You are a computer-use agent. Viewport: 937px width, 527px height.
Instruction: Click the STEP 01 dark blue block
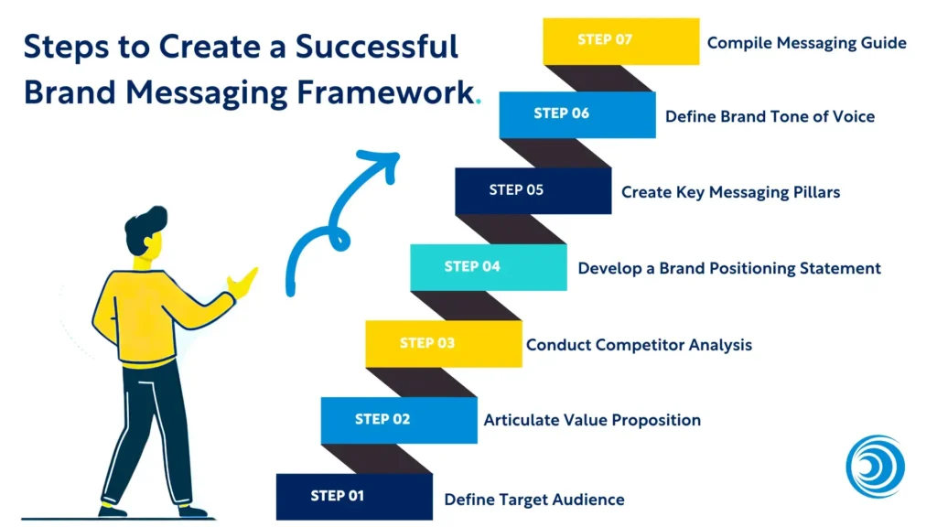pos(353,496)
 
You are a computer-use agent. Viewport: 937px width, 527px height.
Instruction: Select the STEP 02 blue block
pos(398,420)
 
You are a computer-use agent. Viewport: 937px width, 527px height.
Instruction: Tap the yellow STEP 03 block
pos(443,343)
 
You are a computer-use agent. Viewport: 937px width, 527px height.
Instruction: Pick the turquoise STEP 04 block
pos(488,267)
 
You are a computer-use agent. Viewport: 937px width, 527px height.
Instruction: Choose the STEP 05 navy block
pos(533,190)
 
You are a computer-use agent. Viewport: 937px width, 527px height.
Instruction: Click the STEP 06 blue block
pos(577,114)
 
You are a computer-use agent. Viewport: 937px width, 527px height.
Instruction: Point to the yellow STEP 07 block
pos(620,41)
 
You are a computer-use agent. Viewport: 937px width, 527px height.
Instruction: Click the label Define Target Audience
pos(534,500)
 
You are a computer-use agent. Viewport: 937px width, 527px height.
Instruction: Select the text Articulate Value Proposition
pos(592,420)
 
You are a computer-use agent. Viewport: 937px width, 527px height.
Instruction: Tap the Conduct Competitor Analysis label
pos(639,345)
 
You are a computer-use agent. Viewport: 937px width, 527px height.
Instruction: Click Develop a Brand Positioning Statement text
pos(729,268)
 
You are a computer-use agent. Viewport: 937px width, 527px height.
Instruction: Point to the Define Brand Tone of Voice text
pos(770,116)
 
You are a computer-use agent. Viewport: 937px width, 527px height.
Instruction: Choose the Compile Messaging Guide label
pos(806,42)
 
